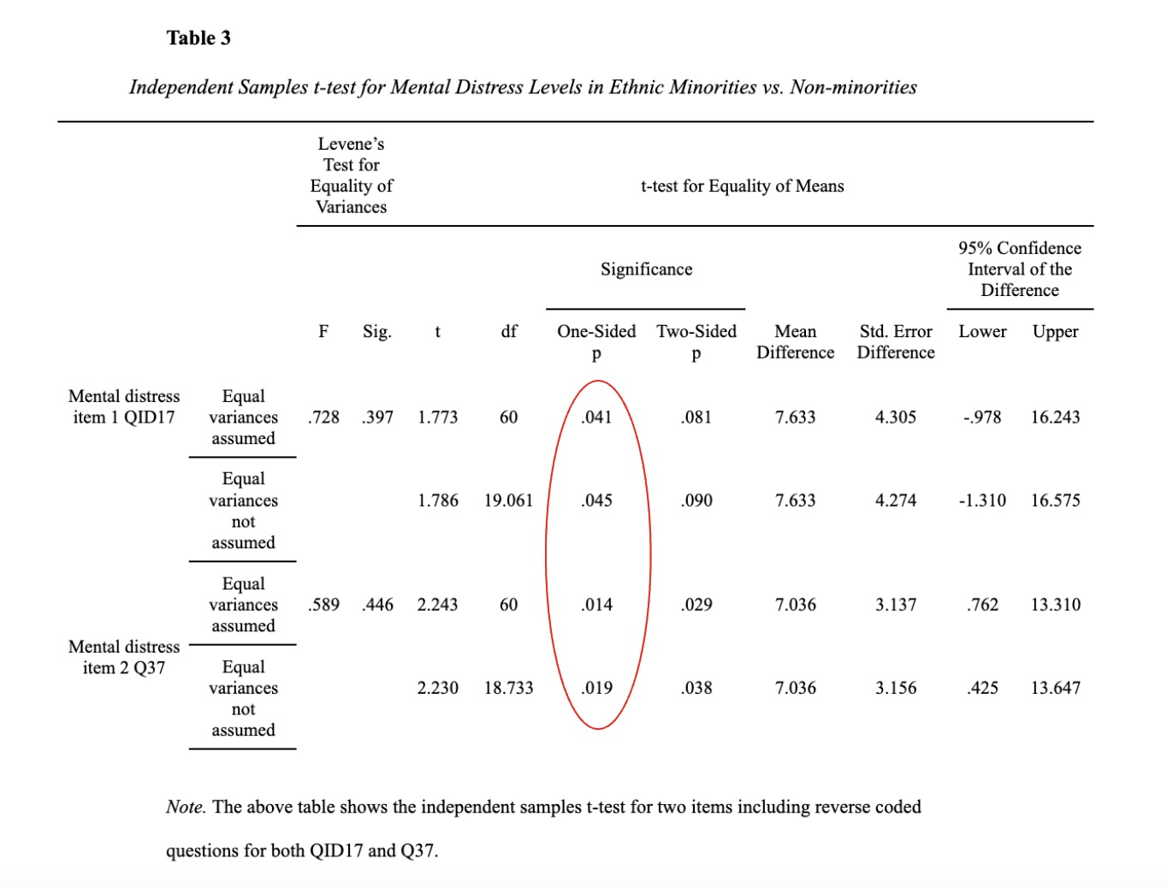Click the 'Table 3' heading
click(x=198, y=38)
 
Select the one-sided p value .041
click(x=596, y=417)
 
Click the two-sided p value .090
click(x=696, y=500)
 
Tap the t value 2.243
click(x=437, y=605)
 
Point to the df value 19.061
click(x=508, y=500)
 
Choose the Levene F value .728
click(x=323, y=417)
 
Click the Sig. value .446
click(x=377, y=605)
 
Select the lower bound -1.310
click(x=982, y=500)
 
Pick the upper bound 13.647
click(x=1055, y=688)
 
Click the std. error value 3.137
click(x=896, y=605)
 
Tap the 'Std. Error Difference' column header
click(x=896, y=341)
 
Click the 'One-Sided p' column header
click(x=596, y=341)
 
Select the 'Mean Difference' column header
click(x=795, y=341)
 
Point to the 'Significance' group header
click(x=646, y=269)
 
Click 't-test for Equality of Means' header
click(x=742, y=186)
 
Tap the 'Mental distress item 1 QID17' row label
click(x=124, y=406)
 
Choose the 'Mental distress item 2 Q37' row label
click(x=124, y=657)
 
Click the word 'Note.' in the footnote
click(x=186, y=807)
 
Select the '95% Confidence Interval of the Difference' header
click(x=1019, y=269)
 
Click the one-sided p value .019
click(x=596, y=688)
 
